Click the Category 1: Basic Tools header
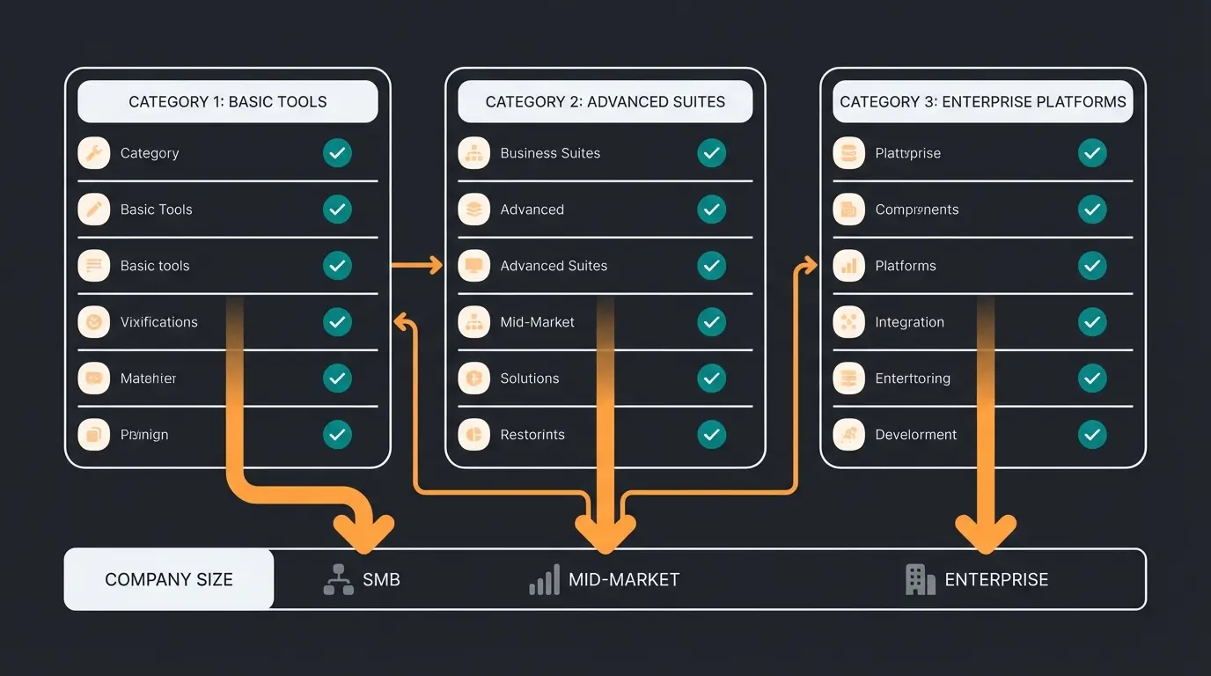227,102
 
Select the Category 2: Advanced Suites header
605,102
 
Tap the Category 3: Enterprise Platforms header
982,102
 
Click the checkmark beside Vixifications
337,322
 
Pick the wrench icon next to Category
93,153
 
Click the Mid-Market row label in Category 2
537,322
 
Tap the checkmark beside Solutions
711,378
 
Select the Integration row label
909,322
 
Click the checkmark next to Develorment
1092,435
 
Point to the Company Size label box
169,579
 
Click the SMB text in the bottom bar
381,580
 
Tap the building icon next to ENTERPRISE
920,579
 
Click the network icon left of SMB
338,580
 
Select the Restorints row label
532,435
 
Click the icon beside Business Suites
473,153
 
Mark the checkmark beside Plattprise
1092,153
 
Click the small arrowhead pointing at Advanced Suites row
435,265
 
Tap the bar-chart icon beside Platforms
848,266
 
